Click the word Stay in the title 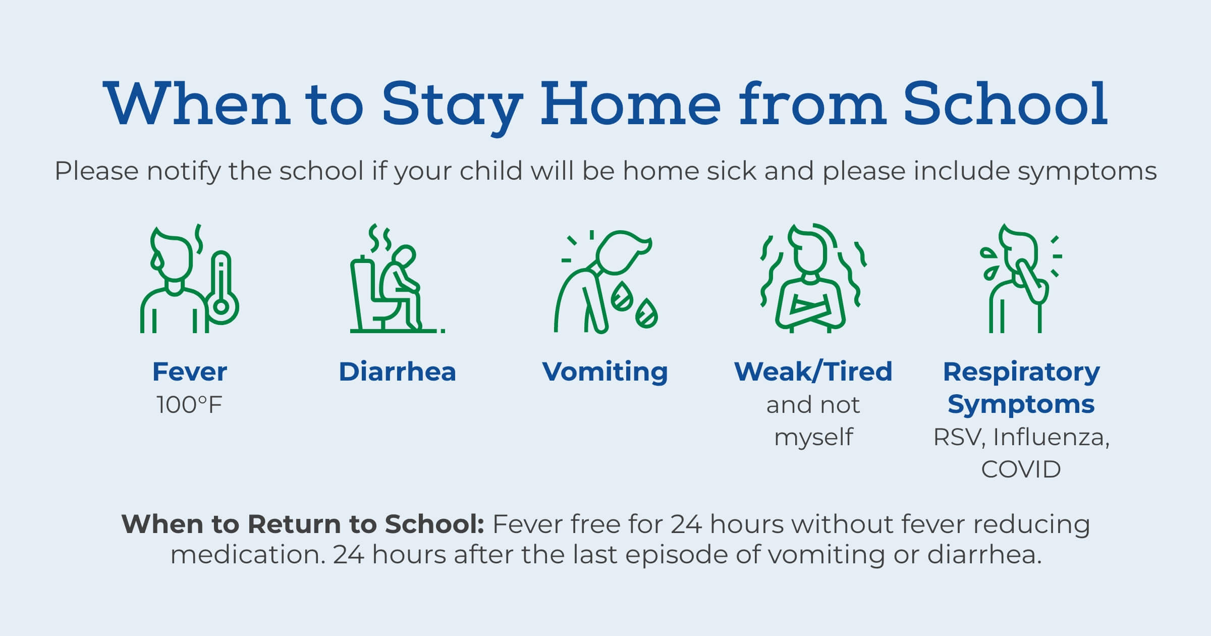click(451, 105)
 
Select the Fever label click(190, 372)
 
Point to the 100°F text click(190, 405)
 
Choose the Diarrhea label click(397, 372)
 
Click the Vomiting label click(604, 372)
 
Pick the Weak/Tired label click(813, 372)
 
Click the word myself click(813, 437)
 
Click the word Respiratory click(1021, 372)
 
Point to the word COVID click(1021, 469)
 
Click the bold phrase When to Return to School click(303, 524)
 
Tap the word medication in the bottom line click(247, 555)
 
